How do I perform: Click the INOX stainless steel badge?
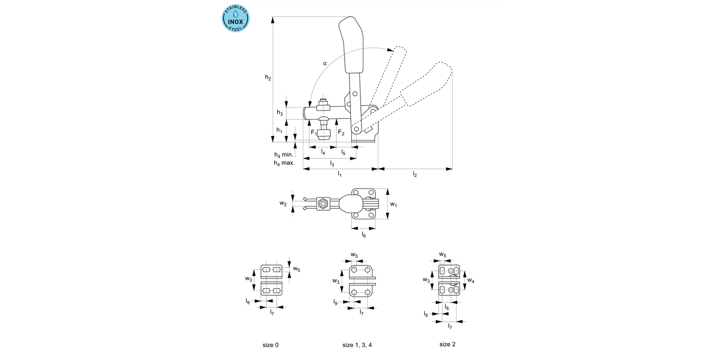pos(235,19)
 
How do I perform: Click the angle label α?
pos(324,63)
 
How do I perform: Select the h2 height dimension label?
pos(268,77)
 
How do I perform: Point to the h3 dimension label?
pos(280,112)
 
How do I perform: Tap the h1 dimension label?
pos(280,130)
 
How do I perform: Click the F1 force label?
pos(314,132)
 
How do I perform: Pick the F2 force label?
pos(341,132)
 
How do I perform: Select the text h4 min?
pos(284,155)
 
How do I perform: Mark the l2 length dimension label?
pos(415,175)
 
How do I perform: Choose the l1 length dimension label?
pos(339,175)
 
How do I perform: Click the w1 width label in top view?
pos(394,204)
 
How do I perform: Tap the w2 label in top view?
pos(283,203)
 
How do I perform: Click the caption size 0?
pos(270,345)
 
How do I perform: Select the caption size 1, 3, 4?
pos(357,345)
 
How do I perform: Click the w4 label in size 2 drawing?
pos(471,280)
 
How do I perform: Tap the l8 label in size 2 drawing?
pos(446,307)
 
